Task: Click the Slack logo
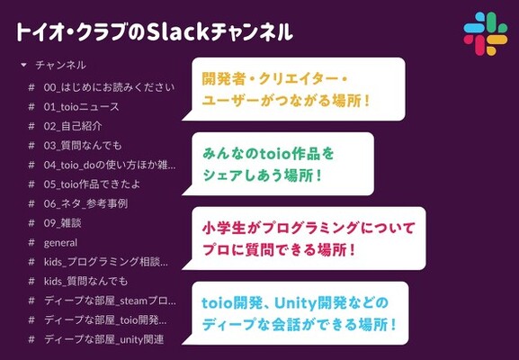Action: tap(485, 34)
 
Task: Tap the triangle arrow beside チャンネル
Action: tap(23, 65)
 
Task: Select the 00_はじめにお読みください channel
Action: tap(109, 87)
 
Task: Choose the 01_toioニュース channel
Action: tap(81, 106)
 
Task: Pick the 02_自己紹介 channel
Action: tap(73, 126)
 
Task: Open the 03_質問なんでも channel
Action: tap(83, 146)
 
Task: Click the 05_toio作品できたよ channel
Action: tap(92, 184)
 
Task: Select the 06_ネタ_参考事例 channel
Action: tap(85, 203)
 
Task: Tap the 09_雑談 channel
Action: tap(63, 223)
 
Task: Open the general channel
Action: tap(60, 243)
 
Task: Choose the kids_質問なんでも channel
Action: tap(85, 281)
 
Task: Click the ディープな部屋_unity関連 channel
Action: tap(104, 339)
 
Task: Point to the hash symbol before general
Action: tap(31, 242)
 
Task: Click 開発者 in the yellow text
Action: tap(223, 79)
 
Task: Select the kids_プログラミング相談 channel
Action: tap(106, 262)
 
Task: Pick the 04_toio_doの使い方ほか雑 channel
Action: tap(110, 165)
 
